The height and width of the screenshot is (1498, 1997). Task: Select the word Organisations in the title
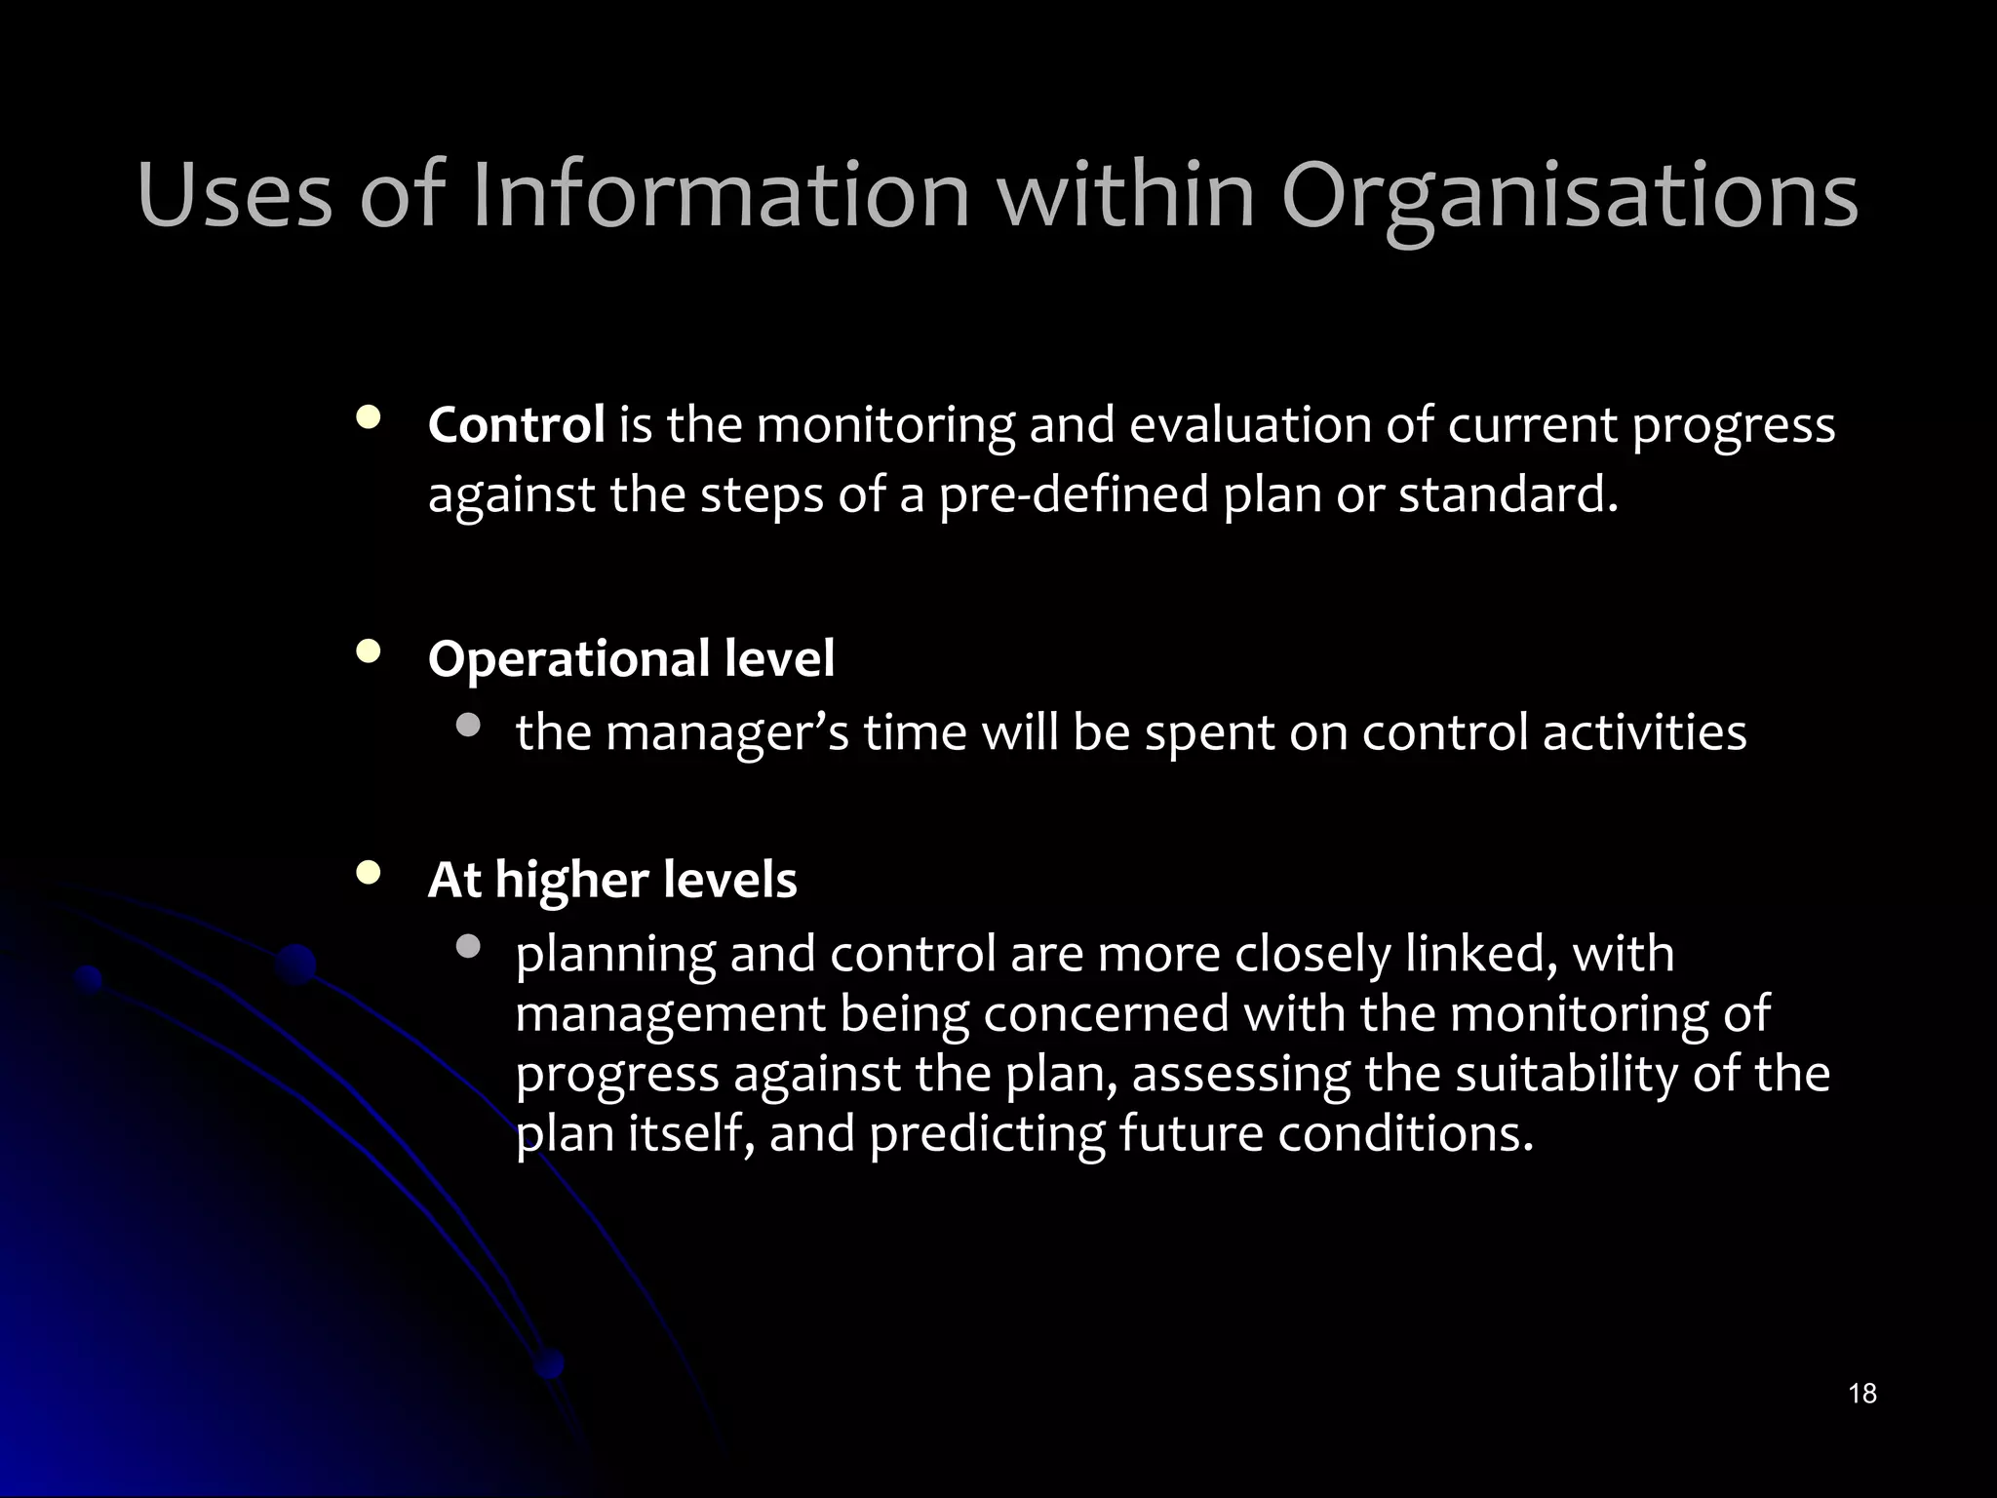tap(1569, 198)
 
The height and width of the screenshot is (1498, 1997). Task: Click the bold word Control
tap(516, 425)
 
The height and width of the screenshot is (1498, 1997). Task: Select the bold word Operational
tap(569, 659)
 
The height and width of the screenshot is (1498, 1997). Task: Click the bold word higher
tap(571, 880)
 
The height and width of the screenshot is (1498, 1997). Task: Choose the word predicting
tap(986, 1134)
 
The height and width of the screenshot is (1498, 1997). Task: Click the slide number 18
tap(1861, 1393)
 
